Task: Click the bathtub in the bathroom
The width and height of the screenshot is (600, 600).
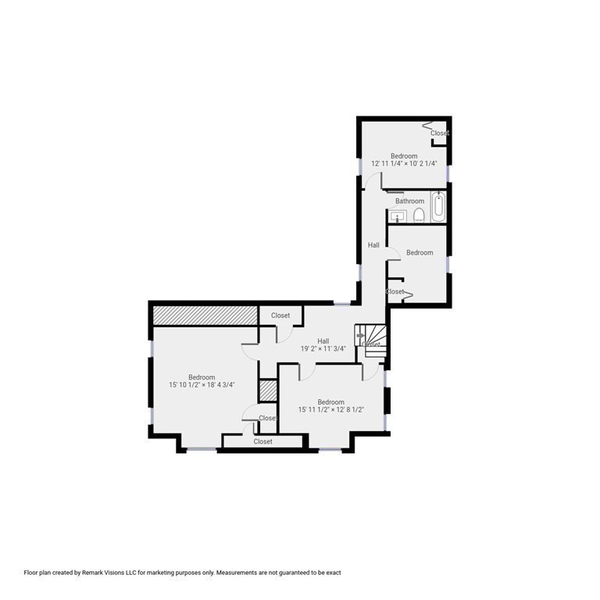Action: [438, 206]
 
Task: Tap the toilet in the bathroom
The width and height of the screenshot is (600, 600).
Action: [420, 216]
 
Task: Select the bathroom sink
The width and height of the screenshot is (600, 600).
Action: [398, 216]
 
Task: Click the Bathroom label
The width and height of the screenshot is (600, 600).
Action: [410, 201]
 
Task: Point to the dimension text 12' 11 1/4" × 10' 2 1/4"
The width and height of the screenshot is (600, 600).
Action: [404, 163]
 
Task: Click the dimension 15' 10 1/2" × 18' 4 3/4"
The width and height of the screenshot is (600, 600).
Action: [202, 384]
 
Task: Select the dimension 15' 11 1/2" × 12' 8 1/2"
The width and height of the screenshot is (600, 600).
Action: [331, 409]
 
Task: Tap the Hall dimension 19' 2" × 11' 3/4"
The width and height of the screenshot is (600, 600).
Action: [323, 348]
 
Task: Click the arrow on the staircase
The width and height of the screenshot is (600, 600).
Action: [360, 336]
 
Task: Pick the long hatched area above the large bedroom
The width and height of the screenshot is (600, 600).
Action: [205, 316]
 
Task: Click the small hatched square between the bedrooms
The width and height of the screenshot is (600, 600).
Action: [268, 391]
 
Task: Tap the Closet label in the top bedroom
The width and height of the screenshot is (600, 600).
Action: [440, 133]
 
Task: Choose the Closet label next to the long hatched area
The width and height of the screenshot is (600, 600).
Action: [280, 316]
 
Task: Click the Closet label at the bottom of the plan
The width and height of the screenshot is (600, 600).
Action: [262, 441]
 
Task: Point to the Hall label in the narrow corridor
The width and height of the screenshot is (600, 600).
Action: [373, 245]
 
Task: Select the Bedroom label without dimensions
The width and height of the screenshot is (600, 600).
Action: [420, 252]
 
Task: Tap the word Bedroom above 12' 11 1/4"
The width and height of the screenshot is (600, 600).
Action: [404, 156]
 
